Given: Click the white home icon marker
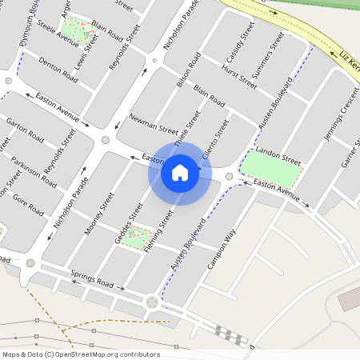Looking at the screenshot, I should click(x=180, y=172).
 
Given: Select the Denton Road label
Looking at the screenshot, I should click(x=58, y=70).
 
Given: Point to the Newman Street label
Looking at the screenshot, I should click(x=154, y=129).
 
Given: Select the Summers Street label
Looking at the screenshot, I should click(x=267, y=59).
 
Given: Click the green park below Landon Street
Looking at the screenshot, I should click(x=272, y=166).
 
